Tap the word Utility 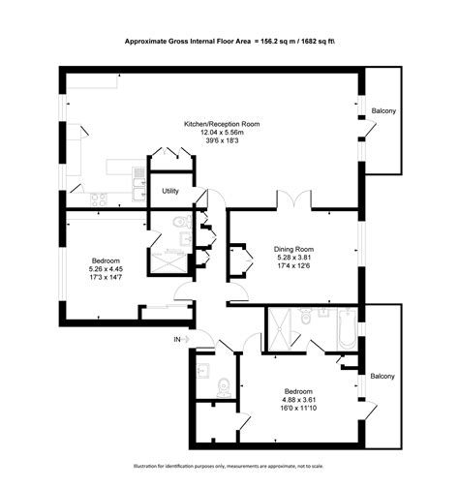pos(170,191)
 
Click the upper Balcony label pos(383,112)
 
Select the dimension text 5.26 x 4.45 pos(106,270)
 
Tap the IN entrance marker pos(177,340)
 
